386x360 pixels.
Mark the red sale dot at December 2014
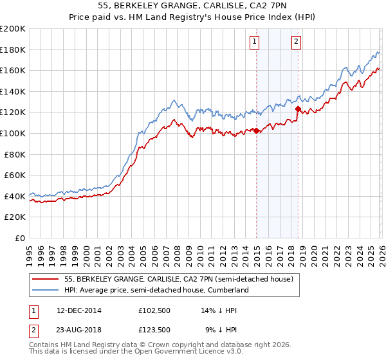pos(256,130)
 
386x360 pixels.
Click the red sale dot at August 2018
pos(298,109)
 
